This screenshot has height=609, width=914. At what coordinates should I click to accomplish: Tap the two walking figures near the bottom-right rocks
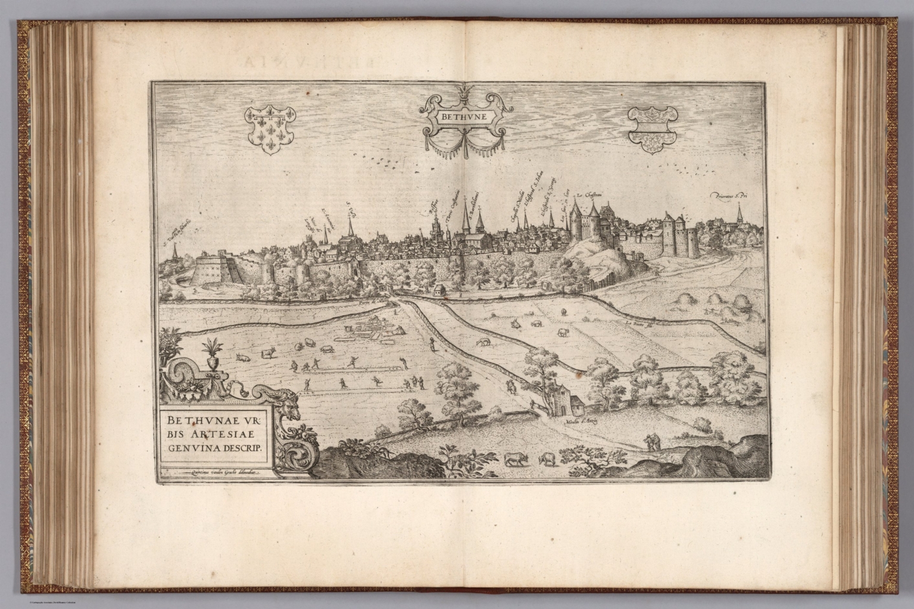tap(653, 443)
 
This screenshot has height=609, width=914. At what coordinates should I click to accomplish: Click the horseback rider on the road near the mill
tap(509, 387)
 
